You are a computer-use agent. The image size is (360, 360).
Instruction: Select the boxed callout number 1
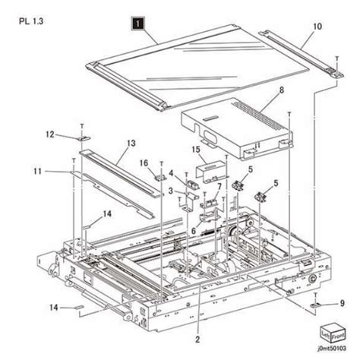click(x=137, y=24)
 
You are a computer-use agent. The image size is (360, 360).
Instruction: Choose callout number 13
click(x=131, y=143)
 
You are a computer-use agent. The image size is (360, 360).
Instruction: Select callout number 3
click(x=172, y=189)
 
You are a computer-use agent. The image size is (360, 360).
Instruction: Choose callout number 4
click(x=172, y=174)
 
